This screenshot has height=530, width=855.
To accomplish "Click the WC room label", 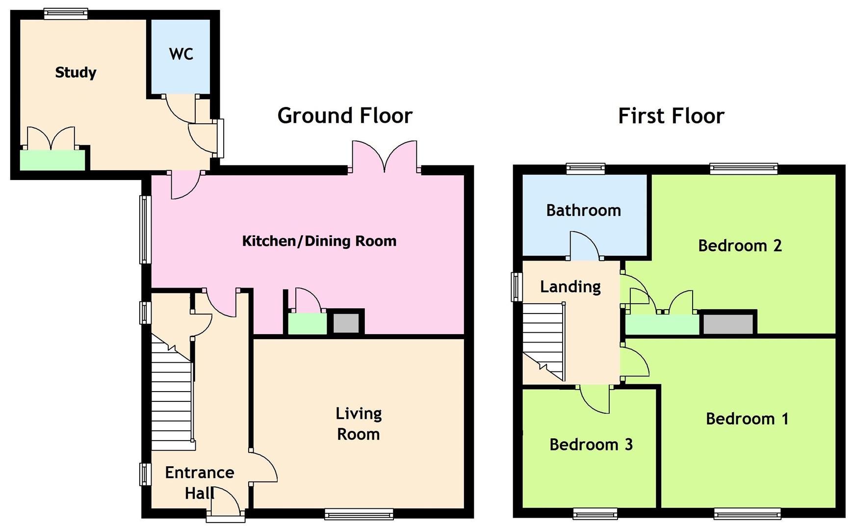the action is point(181,54).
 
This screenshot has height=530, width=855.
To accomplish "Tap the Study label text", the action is point(76,73).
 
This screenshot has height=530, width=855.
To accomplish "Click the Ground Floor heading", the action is point(345,116).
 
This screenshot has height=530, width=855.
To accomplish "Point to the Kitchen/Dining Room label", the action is point(319,241).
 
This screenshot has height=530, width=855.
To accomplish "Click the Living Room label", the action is point(359,424).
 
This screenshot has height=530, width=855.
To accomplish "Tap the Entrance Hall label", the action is point(200,482).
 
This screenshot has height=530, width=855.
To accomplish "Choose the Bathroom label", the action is point(584,211).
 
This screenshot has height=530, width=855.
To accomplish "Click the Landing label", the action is point(570,287).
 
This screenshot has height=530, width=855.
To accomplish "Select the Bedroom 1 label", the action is point(747,419).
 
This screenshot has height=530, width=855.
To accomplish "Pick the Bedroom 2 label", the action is point(740,245).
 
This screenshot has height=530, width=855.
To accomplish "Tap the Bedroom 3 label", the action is point(591,445).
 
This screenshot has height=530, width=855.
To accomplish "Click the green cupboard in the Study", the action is point(52,160).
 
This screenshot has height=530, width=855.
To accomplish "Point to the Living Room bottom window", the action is point(359,514).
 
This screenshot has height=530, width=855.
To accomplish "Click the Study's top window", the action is point(66,14).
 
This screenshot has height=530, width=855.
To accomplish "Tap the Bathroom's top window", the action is point(585,169).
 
